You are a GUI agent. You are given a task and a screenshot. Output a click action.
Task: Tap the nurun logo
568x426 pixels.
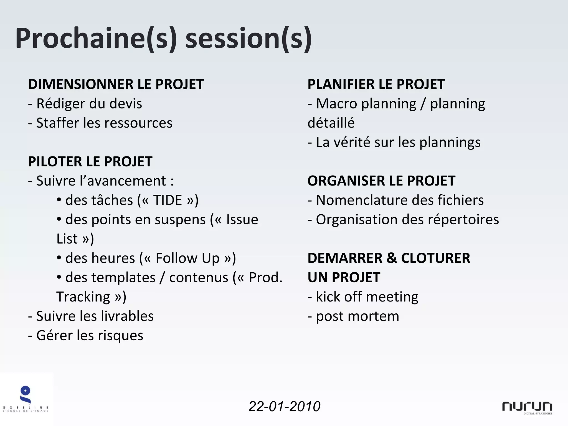pos(527,407)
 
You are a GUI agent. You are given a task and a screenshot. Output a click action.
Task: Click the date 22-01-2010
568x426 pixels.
pos(284,407)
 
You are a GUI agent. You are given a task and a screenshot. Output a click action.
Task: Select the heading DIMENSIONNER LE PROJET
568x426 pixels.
pos(116,84)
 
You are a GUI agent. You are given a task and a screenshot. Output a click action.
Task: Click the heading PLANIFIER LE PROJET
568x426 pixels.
pos(376,84)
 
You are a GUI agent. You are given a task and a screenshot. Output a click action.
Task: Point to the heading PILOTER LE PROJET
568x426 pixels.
pos(90,162)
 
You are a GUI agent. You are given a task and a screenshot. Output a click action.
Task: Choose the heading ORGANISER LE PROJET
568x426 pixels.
pos(381,181)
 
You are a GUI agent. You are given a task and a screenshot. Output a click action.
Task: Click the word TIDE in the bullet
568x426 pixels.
pos(168,200)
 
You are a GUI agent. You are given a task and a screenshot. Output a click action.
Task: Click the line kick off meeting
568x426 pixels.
pos(367,297)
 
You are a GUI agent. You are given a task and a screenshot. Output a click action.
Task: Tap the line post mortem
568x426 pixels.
pos(357,316)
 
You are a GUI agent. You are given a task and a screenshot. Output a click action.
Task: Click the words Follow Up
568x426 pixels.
pos(187,258)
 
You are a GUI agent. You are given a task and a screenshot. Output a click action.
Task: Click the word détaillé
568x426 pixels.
pos(331,123)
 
